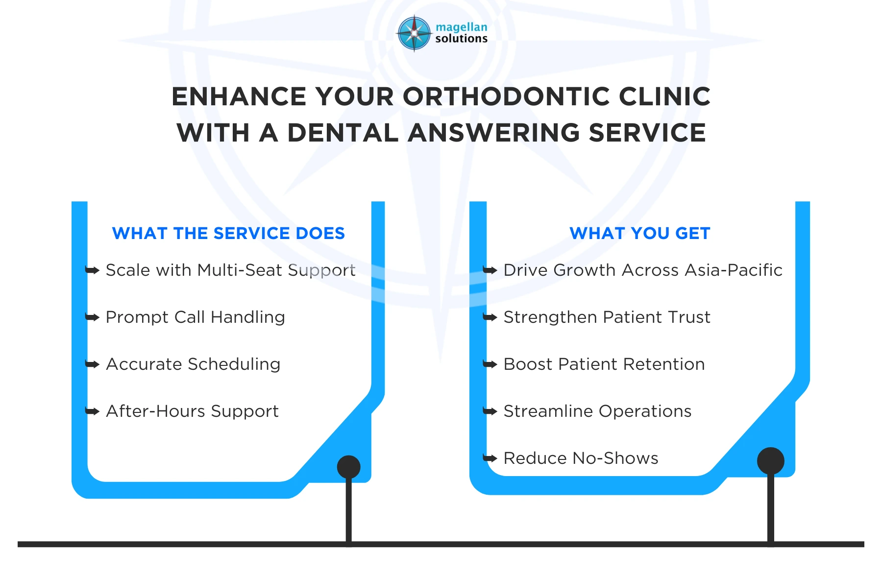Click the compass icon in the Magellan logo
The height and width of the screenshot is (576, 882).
click(414, 33)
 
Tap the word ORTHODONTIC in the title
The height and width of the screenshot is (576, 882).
click(506, 96)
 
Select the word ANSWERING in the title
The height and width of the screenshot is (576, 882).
click(494, 133)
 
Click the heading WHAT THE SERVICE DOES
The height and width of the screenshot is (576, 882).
click(228, 233)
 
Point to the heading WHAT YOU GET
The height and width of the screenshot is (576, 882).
click(639, 233)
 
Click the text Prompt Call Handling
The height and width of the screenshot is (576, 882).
click(195, 317)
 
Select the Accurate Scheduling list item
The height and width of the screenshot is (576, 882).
click(193, 364)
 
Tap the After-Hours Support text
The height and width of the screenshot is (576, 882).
click(192, 411)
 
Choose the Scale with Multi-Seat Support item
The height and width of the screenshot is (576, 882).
click(230, 270)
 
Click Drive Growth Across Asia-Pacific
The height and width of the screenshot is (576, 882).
click(642, 270)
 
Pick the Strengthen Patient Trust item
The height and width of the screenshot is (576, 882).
click(607, 317)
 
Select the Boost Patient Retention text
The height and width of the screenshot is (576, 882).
click(604, 364)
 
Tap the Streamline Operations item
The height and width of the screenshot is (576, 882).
click(597, 411)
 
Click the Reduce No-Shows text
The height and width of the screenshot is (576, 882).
click(581, 458)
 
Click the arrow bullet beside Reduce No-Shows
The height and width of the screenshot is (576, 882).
click(490, 458)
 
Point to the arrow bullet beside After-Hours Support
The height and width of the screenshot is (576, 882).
click(92, 411)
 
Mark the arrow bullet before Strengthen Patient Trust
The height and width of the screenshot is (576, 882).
click(490, 317)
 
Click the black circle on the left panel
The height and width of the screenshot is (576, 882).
click(348, 467)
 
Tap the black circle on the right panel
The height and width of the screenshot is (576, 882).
click(770, 461)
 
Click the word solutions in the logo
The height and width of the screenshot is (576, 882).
click(461, 39)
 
